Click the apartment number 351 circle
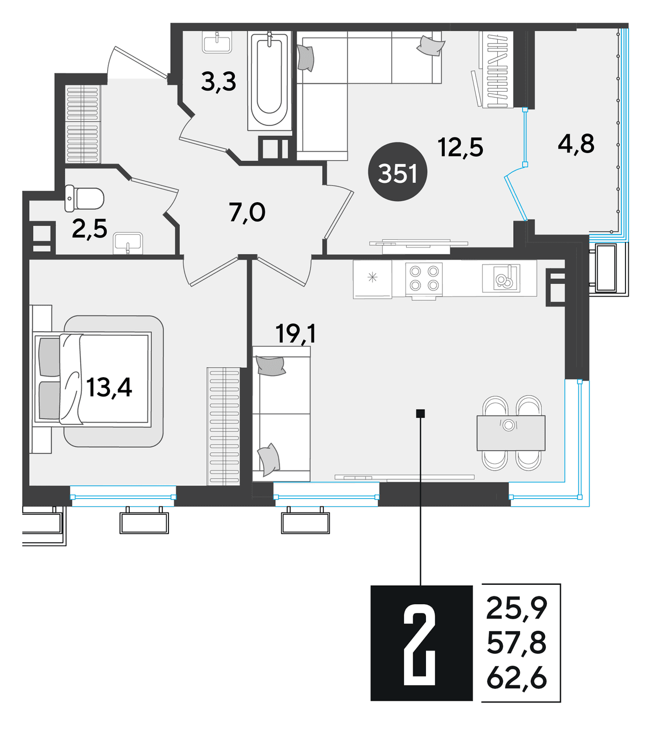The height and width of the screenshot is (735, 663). pyautogui.click(x=397, y=172)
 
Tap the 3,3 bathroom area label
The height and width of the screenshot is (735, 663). pyautogui.click(x=219, y=82)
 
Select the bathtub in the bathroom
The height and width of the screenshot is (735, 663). pyautogui.click(x=270, y=80)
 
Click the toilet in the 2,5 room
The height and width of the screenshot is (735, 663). pyautogui.click(x=84, y=199)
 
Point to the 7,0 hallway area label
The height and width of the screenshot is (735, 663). pyautogui.click(x=247, y=213)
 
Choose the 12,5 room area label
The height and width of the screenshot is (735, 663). pyautogui.click(x=461, y=147)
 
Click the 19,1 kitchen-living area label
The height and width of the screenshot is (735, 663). pyautogui.click(x=296, y=334)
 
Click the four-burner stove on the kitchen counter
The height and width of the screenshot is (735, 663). pyautogui.click(x=424, y=279)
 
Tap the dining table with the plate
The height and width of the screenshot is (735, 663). pyautogui.click(x=511, y=433)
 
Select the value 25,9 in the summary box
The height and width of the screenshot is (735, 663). pyautogui.click(x=517, y=609)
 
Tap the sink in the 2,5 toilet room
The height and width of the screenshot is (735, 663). pyautogui.click(x=128, y=244)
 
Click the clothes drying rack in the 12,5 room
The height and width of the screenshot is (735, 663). pyautogui.click(x=496, y=70)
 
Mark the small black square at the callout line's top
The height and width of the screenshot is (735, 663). pyautogui.click(x=420, y=414)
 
